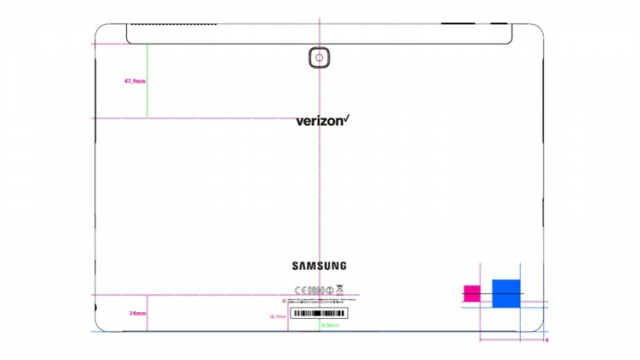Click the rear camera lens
pos(319,59)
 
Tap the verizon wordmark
pos(320,121)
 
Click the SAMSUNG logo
pos(319,265)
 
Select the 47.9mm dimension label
pos(133,81)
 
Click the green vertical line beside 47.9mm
pos(147,80)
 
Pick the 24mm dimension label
pos(136,313)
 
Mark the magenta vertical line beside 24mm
pos(147,312)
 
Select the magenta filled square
pos(470,293)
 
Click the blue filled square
pos(506,292)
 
